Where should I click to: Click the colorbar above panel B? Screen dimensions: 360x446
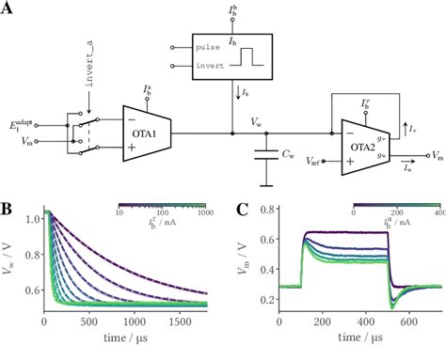161,204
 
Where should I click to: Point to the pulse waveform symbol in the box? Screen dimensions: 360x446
250,56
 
